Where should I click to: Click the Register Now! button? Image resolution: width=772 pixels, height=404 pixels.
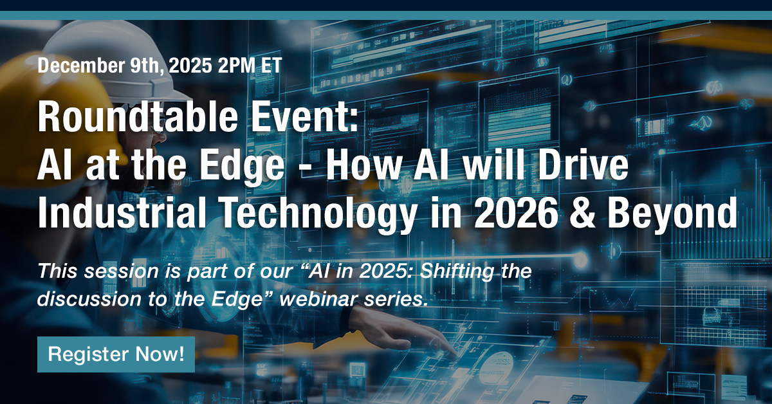click(x=116, y=354)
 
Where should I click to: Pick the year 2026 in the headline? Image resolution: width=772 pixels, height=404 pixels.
click(x=558, y=214)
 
